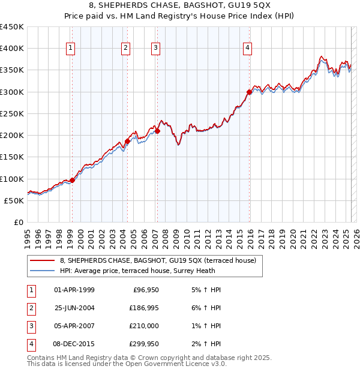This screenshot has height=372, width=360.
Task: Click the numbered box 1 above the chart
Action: click(71, 49)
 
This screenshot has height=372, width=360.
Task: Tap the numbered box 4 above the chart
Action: click(247, 49)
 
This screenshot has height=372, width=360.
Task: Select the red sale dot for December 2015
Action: click(249, 92)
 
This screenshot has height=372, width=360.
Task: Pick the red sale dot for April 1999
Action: click(72, 180)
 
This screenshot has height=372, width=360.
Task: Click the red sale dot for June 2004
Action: click(128, 141)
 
